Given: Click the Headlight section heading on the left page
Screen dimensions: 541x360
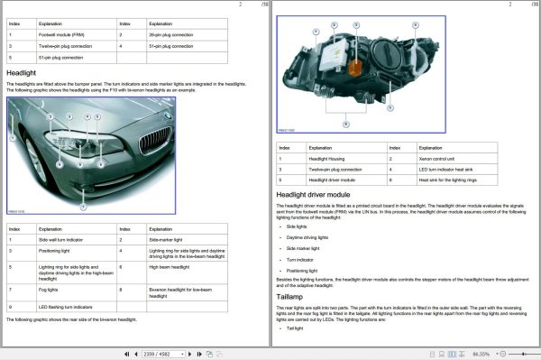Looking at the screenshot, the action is [23, 71].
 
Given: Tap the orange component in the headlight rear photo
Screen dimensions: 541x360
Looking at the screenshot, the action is [356, 67].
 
